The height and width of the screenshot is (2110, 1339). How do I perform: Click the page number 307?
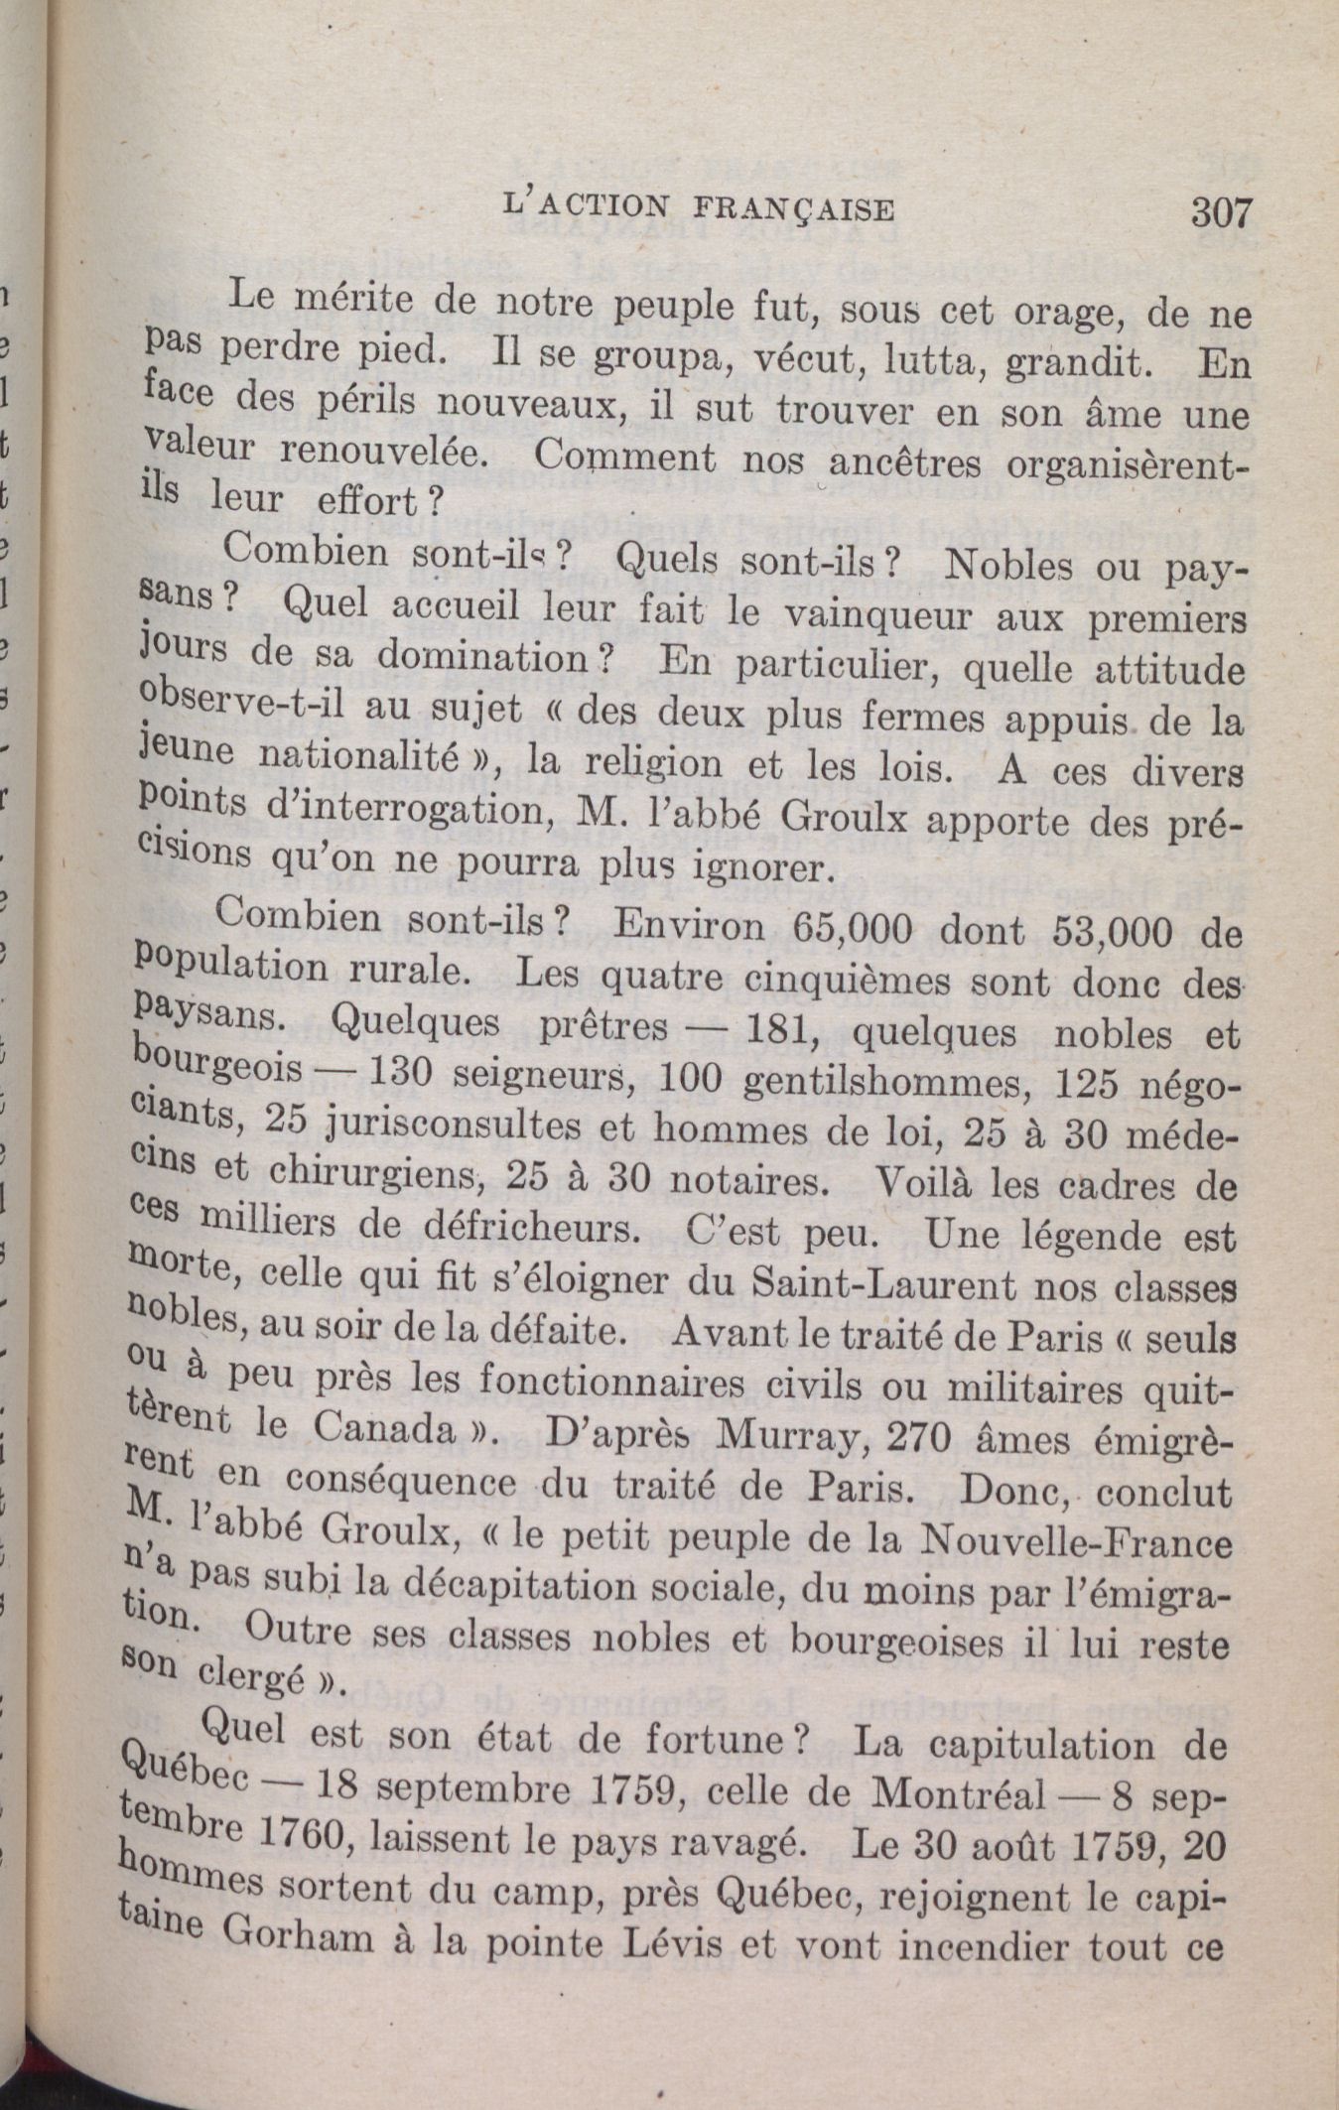1223,211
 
